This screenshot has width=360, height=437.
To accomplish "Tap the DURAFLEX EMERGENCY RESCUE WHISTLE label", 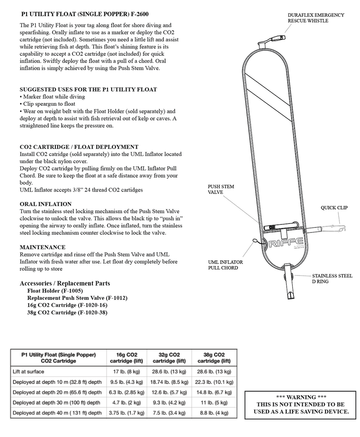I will coord(316,18).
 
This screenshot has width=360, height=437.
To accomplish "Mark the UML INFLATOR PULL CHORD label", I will coord(225,265).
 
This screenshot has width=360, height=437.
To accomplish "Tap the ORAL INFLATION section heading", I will coord(45,204).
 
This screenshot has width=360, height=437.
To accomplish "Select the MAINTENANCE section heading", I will coord(42,247).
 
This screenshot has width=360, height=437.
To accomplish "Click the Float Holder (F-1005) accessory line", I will coord(55,291).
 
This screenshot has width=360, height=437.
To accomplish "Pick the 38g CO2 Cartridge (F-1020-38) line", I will coord(67,312).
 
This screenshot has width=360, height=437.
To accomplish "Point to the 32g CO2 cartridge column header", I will coord(169,357).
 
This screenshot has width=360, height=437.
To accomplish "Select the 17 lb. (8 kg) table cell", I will coord(126,371).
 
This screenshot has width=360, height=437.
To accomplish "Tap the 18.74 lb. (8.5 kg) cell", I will coord(169,382).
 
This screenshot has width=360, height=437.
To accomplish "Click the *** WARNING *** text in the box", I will coord(301,397).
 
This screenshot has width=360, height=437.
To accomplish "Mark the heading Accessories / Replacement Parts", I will coord(65,283).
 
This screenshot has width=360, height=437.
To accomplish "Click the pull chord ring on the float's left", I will coord(255,241).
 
